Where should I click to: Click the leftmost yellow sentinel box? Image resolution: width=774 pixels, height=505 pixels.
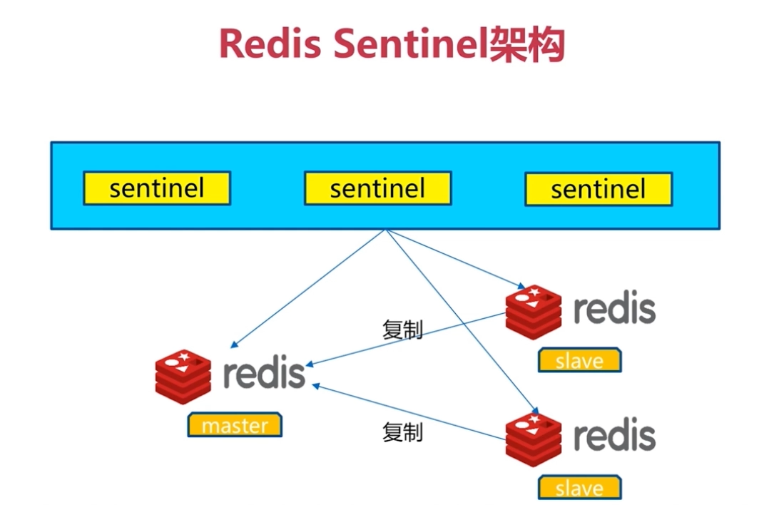click(x=156, y=188)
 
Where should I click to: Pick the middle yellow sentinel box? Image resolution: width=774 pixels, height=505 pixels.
click(x=377, y=188)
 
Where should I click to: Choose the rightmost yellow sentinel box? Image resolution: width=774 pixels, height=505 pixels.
click(x=598, y=190)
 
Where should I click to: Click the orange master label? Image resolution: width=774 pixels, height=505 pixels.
click(x=235, y=426)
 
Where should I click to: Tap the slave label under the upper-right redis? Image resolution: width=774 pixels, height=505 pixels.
click(x=579, y=361)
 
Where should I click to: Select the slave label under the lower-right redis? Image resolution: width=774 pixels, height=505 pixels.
click(x=579, y=489)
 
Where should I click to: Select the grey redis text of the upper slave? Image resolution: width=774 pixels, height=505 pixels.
click(x=614, y=308)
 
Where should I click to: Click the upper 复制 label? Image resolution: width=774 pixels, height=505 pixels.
click(x=402, y=330)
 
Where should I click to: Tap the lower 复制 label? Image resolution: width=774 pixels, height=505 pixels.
click(x=402, y=432)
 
